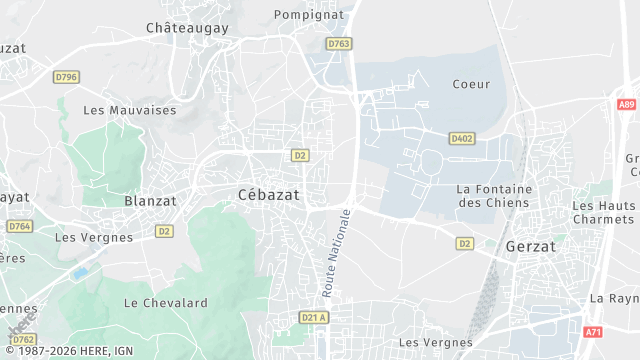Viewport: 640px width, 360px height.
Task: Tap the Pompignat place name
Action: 309,15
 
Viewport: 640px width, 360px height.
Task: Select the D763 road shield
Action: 339,44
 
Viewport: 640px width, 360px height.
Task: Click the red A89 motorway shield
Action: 626,104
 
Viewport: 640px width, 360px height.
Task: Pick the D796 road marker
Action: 67,76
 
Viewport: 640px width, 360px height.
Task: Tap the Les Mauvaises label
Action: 129,110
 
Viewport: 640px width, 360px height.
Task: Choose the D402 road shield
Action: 461,139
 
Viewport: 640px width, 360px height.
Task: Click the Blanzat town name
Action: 150,200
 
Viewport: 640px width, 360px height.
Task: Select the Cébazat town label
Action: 269,194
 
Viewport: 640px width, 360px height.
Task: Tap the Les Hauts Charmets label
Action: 603,213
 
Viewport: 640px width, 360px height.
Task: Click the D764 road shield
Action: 19,226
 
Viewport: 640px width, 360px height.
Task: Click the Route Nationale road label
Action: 337,253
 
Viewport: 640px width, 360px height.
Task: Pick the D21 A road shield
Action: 314,318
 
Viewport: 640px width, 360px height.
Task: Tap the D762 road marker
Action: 23,339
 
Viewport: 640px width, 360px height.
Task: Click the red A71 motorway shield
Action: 593,331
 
